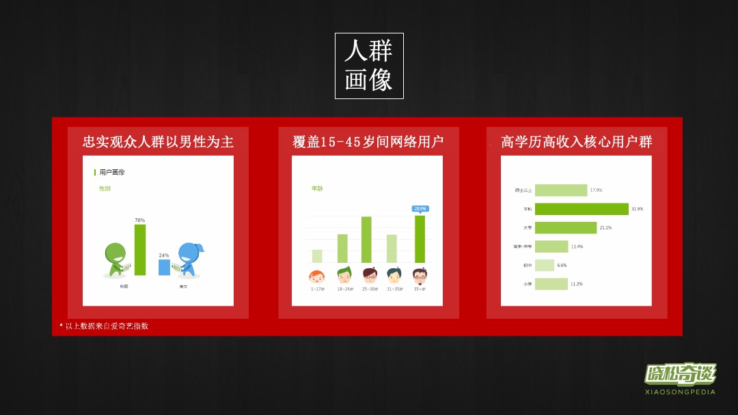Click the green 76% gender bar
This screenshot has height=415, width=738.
coord(140,250)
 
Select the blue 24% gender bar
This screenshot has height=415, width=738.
coord(164,268)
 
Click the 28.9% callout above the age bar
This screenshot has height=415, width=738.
coord(420,208)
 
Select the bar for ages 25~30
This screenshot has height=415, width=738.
coord(366,240)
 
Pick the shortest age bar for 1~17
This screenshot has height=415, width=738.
coord(317,256)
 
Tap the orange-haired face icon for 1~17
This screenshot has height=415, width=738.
coord(317,276)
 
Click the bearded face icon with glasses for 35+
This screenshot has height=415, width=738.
coord(420,275)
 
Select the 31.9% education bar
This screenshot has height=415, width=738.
coord(582,209)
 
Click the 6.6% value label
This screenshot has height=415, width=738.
coord(562,265)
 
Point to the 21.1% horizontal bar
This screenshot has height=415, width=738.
coord(566,227)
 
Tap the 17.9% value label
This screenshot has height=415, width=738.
coord(596,190)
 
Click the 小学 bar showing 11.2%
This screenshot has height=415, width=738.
coord(551,283)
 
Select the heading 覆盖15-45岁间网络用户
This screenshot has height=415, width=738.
coord(368,141)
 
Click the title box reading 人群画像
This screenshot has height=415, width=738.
coord(369,66)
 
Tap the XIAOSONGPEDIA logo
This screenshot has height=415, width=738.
coord(680,379)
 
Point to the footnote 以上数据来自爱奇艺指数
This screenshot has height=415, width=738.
coord(107,326)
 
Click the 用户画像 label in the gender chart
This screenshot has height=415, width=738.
coord(112,172)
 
